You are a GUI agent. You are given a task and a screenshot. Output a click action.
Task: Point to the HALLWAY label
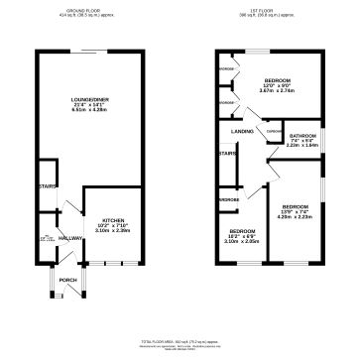coord(70,239)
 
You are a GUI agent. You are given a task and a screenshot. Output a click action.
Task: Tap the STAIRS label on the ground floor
coord(45,184)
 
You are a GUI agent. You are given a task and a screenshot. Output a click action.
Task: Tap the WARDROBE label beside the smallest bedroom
coord(228,198)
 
